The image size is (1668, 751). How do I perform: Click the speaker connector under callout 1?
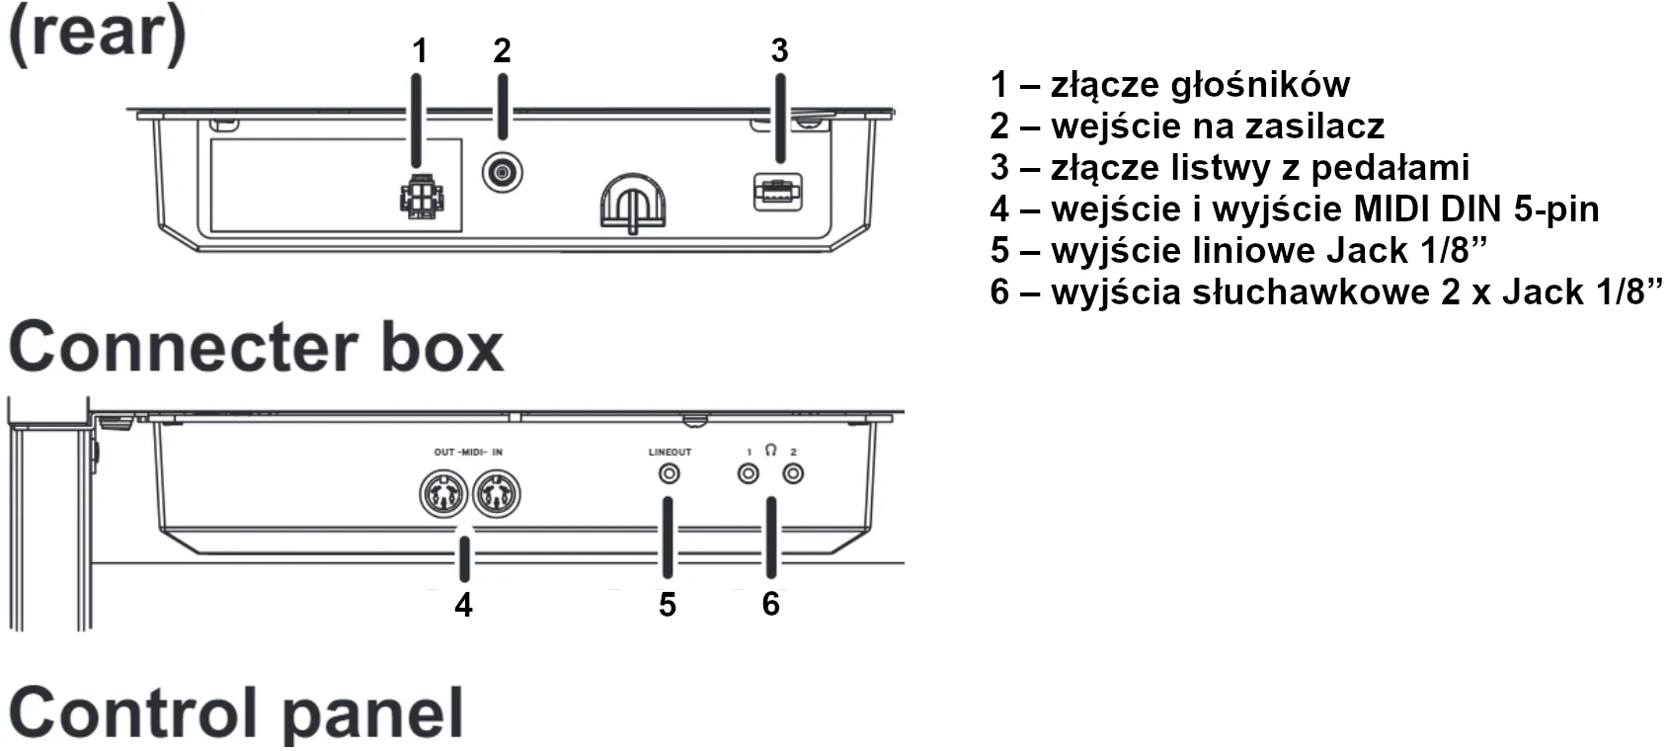(421, 197)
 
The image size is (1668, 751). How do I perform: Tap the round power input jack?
(503, 174)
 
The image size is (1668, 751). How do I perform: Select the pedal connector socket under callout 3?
(778, 191)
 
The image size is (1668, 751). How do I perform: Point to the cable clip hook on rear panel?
(632, 204)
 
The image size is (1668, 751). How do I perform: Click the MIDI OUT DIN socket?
(443, 493)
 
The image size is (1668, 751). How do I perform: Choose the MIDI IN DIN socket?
(496, 493)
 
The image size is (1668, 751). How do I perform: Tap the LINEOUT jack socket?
(670, 474)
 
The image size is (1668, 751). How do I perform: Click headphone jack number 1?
(749, 474)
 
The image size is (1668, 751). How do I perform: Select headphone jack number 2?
(793, 474)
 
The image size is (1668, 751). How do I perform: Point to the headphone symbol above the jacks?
(770, 451)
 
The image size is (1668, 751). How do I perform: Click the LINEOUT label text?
(670, 452)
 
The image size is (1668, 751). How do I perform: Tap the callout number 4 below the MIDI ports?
(463, 605)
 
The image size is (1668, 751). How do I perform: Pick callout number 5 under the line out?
(668, 605)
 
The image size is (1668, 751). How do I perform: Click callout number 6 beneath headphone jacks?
(770, 603)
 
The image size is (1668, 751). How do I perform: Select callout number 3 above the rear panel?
(779, 50)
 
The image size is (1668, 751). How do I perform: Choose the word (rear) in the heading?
(97, 32)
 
